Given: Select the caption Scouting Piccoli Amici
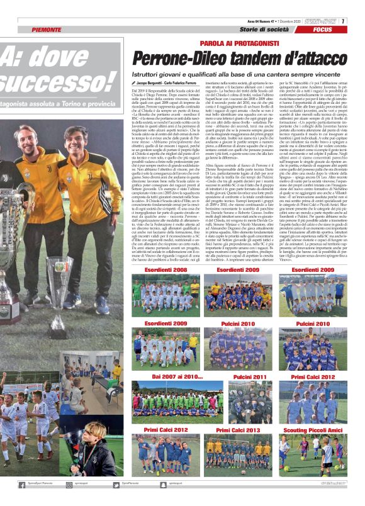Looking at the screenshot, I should [x=313, y=430].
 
